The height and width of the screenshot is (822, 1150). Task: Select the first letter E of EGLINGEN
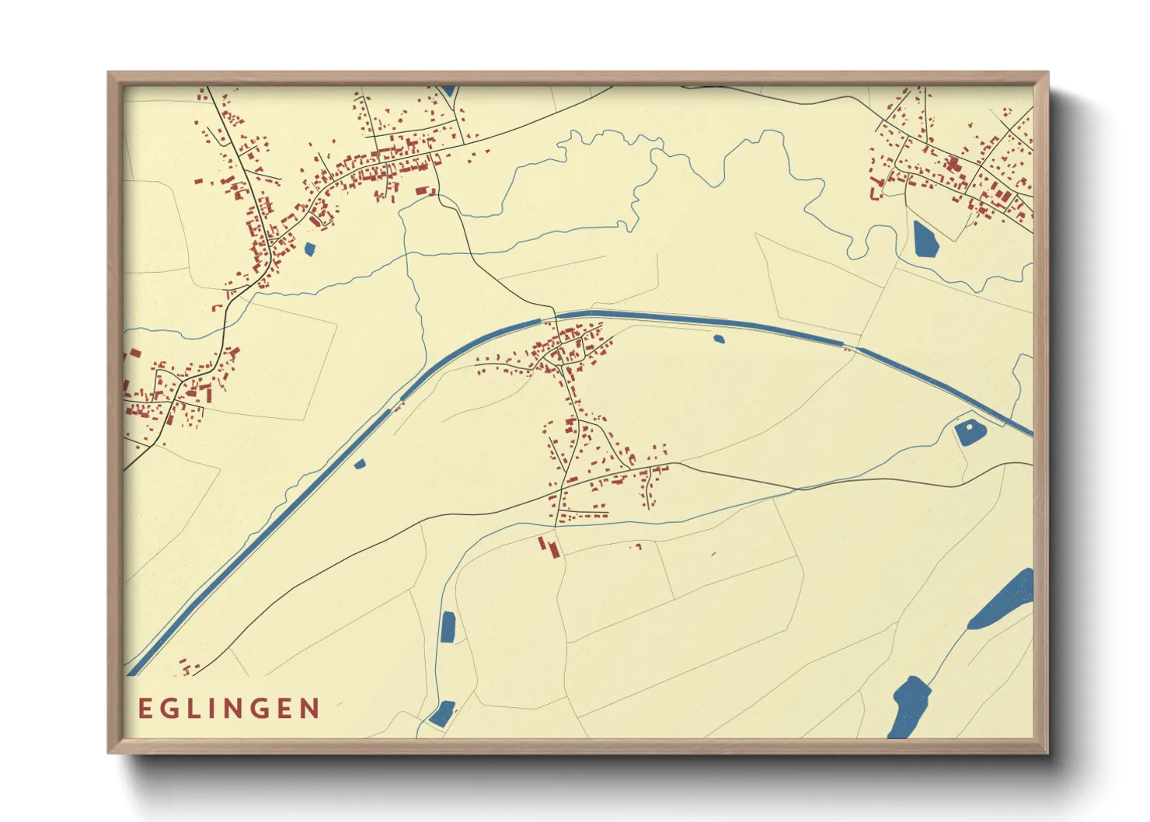point(145,709)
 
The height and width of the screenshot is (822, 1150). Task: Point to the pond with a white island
point(970,432)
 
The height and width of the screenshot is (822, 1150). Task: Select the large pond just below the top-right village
point(925,239)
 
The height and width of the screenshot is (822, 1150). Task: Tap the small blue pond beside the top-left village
point(310,249)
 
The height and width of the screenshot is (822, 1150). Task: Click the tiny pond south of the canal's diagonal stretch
point(359,465)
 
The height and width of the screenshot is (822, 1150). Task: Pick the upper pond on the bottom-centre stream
point(448,627)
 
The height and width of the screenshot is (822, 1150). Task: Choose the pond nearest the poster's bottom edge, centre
point(441,713)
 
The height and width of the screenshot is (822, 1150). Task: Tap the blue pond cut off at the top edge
point(448,91)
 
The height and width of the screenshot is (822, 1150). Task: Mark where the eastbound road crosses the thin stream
point(796,489)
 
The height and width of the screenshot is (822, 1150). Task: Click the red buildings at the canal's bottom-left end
point(189,667)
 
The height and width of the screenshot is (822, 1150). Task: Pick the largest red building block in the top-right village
point(951,164)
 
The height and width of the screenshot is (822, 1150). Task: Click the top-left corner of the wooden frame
point(109,73)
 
